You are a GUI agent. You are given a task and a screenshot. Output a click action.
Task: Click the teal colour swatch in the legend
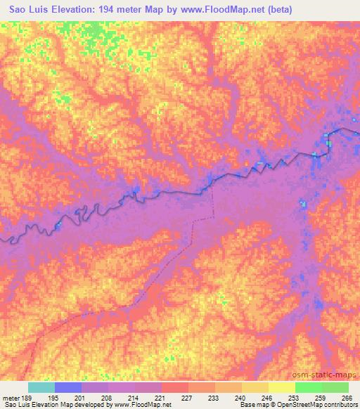click(41, 387)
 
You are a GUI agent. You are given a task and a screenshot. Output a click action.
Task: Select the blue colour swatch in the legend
click(68, 387)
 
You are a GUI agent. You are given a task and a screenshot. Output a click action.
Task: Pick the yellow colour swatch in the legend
click(281, 387)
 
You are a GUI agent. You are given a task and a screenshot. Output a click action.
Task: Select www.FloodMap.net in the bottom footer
click(141, 405)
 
